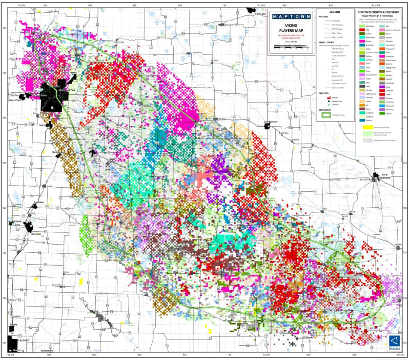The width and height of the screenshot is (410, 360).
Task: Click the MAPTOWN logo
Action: (290, 16)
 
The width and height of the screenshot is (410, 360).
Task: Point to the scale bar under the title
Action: (290, 46)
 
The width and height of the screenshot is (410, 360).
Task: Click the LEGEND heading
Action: (335, 11)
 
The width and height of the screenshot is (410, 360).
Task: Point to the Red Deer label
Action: (36, 234)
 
